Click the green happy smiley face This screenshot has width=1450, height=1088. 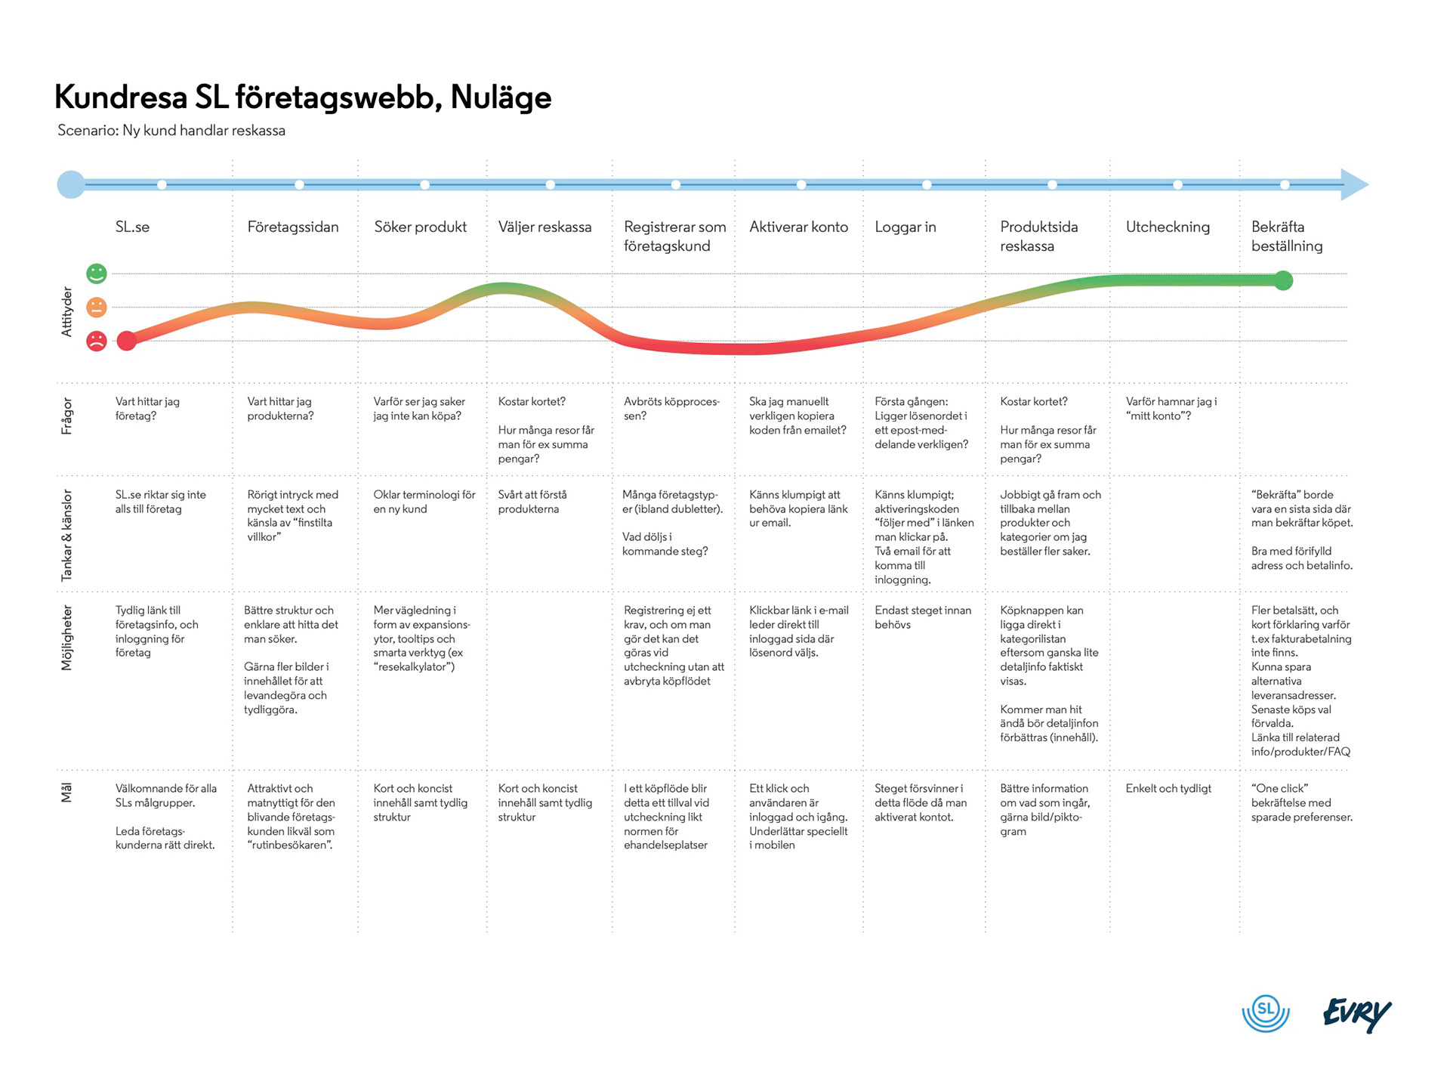[97, 274]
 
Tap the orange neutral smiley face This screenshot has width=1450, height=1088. [97, 307]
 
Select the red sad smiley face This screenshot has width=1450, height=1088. [97, 341]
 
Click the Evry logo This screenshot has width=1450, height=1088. [1357, 1015]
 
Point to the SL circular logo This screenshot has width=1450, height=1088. [1266, 1012]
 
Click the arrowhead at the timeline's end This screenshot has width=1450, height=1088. [1354, 184]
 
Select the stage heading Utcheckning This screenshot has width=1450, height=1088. [1168, 227]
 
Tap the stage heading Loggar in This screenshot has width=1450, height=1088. [905, 227]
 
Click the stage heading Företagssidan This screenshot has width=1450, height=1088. [293, 227]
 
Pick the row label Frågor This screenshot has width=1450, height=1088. [67, 416]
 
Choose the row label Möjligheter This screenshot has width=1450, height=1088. [67, 638]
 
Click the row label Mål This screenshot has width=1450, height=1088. [66, 793]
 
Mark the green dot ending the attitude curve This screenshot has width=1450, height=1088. [1283, 281]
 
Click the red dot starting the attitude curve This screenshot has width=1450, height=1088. [127, 341]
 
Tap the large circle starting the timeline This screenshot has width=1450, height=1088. [71, 184]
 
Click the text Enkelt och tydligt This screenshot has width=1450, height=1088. [1168, 789]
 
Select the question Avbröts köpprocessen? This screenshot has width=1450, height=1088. [671, 409]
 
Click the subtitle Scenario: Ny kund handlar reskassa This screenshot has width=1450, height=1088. [171, 131]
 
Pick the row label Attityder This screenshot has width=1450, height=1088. [67, 311]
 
